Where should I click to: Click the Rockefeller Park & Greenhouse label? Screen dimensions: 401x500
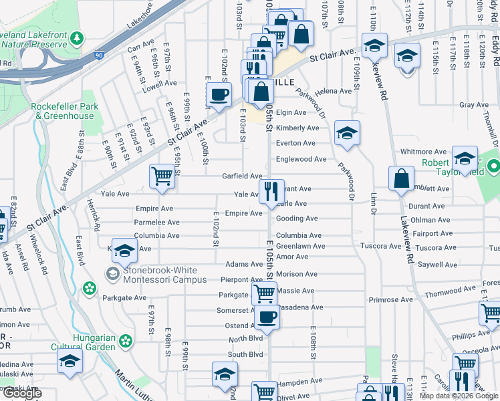click(64, 111)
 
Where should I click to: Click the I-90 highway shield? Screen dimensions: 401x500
click(99, 56)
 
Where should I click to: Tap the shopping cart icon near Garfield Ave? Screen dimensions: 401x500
click(162, 176)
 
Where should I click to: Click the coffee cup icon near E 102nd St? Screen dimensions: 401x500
click(218, 96)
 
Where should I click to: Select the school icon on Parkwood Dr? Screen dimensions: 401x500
click(347, 132)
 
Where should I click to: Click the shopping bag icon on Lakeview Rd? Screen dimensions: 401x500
click(400, 179)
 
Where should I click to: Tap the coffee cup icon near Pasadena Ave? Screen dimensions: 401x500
click(267, 317)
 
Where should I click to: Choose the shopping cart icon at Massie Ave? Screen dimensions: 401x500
click(265, 292)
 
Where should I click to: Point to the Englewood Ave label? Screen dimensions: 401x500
click(301, 159)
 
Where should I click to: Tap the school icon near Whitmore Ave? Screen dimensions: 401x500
click(465, 158)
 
